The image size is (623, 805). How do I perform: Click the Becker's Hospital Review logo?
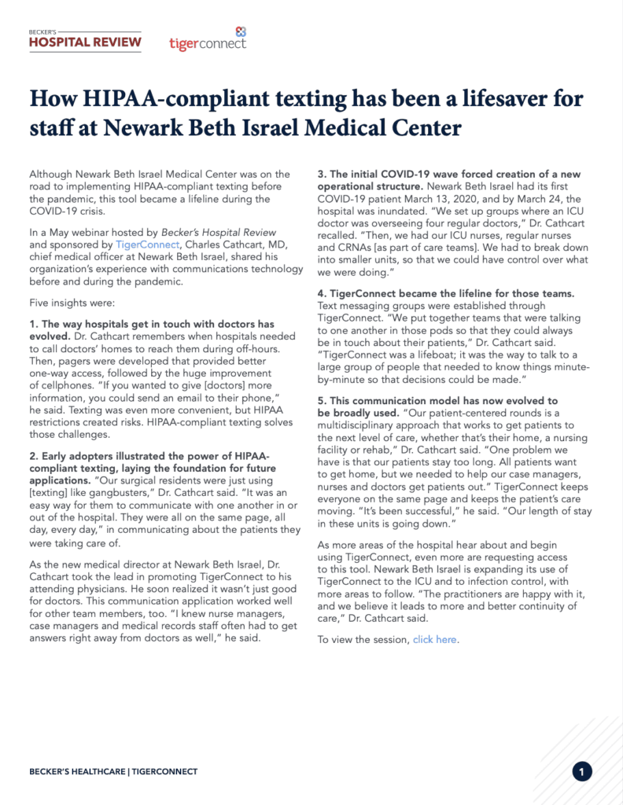point(85,39)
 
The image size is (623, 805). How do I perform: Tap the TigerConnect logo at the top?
point(208,39)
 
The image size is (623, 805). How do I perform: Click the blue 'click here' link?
point(434,640)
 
